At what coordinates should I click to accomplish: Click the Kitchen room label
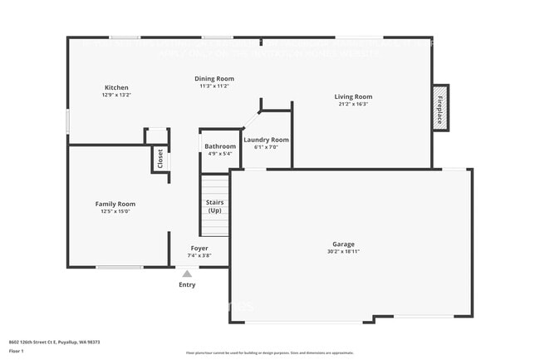coord(116,87)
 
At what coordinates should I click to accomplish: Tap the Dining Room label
coord(214,79)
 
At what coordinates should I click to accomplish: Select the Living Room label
coord(353,96)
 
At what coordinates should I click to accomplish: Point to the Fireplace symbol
coord(439,108)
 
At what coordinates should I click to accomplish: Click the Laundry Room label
coord(267,140)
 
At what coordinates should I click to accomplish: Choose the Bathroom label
coord(220,147)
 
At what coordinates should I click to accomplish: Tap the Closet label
coord(160,158)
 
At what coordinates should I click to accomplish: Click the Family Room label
coord(115,204)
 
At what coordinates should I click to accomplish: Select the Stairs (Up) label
coord(214,205)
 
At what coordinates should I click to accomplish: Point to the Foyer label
coord(199,248)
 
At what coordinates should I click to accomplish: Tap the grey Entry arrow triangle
coord(187,274)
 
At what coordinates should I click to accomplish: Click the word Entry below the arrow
coord(188,285)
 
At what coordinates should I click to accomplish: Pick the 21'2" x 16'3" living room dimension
coord(353,104)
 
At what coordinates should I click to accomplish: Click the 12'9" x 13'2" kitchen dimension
coord(116,95)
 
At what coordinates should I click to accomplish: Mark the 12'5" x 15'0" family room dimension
coord(115,211)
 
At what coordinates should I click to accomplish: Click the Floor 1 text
coord(17,351)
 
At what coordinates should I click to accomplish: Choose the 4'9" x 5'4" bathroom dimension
coord(220,154)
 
